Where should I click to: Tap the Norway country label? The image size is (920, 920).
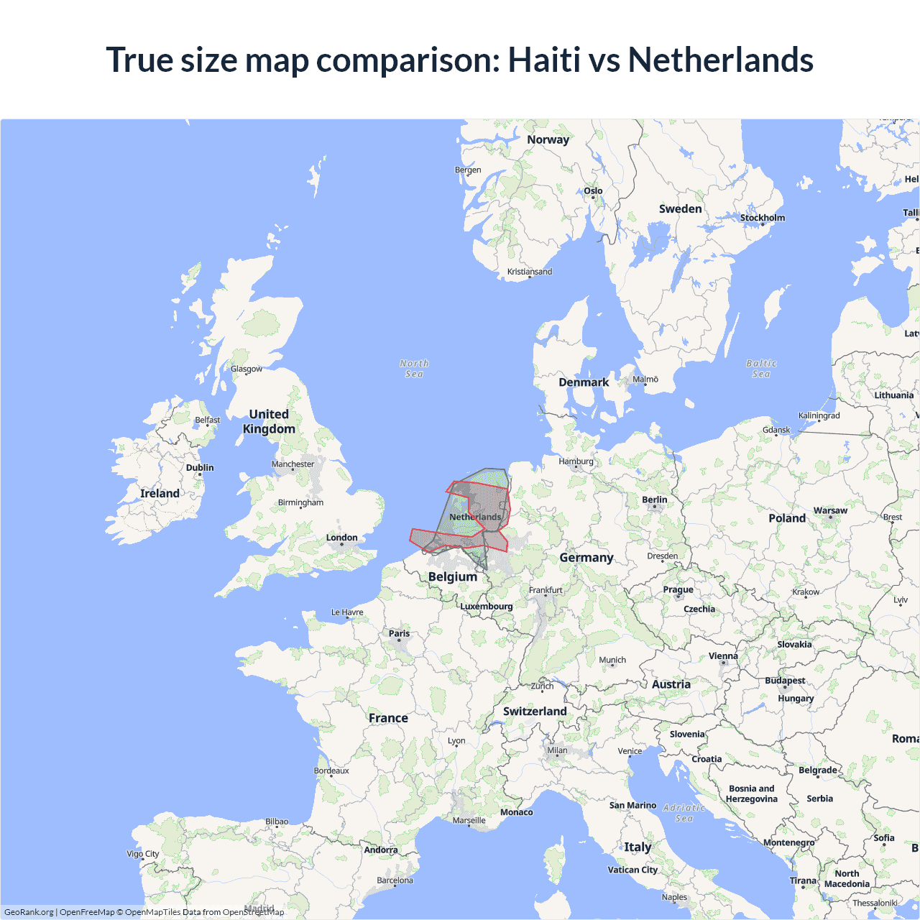click(x=548, y=139)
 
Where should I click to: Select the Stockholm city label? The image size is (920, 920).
click(x=763, y=218)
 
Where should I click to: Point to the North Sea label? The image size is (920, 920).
click(x=414, y=369)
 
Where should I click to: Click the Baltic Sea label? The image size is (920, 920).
click(x=761, y=369)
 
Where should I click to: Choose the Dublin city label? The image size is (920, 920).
click(x=200, y=468)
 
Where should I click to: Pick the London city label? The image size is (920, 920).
click(x=341, y=538)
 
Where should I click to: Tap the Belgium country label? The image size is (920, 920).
click(x=453, y=576)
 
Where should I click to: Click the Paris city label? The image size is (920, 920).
click(x=399, y=633)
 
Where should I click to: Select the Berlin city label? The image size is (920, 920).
click(x=654, y=500)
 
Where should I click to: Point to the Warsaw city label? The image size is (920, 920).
click(x=830, y=510)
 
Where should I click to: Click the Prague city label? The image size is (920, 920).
click(x=678, y=589)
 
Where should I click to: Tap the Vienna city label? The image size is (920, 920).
click(x=723, y=655)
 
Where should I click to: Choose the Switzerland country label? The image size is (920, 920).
click(x=535, y=711)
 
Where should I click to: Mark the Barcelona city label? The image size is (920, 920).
click(x=395, y=880)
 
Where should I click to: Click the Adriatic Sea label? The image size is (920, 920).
click(x=684, y=813)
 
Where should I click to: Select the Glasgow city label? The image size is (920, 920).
click(x=247, y=369)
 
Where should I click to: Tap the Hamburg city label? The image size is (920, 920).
click(x=576, y=461)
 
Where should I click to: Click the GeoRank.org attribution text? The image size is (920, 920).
click(x=29, y=912)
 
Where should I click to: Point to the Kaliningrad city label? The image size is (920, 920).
click(x=819, y=415)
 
